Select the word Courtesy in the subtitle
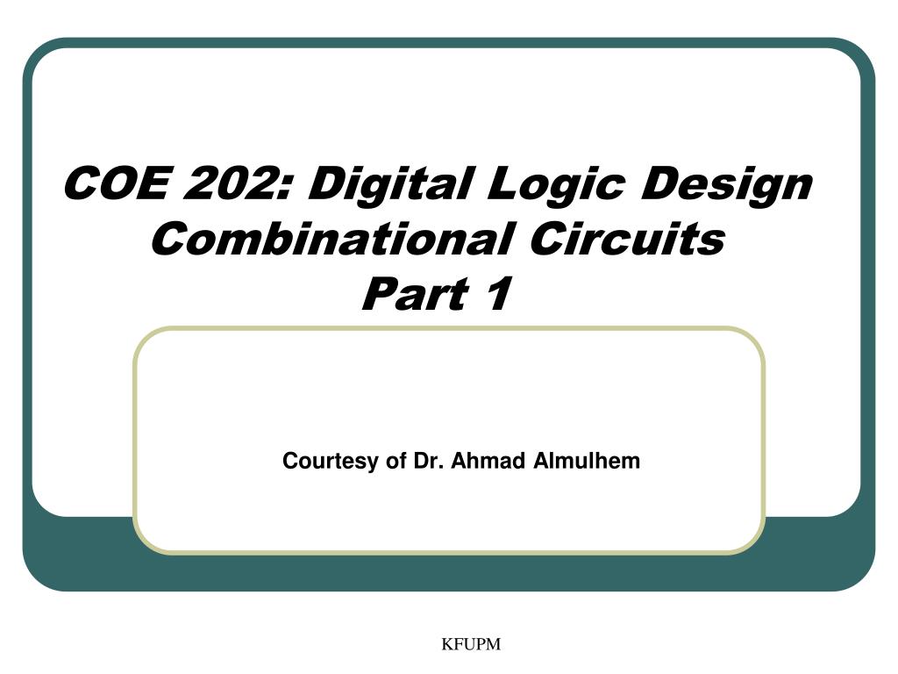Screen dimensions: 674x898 pyautogui.click(x=331, y=461)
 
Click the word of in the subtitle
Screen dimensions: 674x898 pyautogui.click(x=396, y=460)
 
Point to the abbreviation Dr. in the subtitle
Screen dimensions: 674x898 pyautogui.click(x=428, y=460)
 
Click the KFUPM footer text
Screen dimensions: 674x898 pyautogui.click(x=471, y=645)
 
